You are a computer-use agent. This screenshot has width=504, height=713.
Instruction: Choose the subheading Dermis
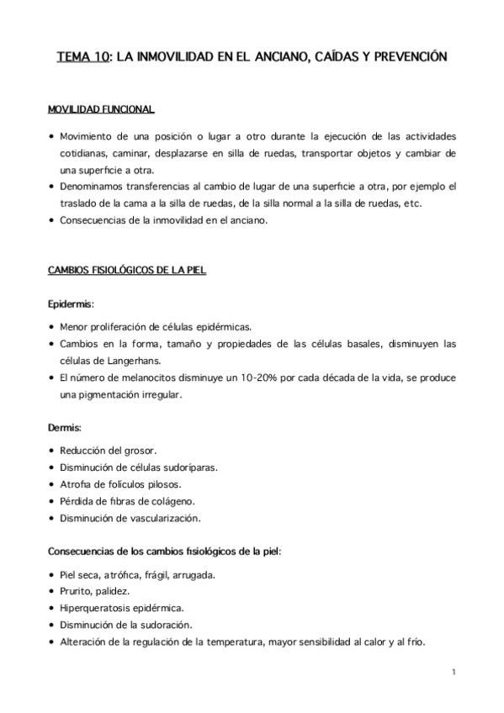(64, 429)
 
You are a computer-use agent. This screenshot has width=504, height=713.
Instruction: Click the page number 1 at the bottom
(454, 673)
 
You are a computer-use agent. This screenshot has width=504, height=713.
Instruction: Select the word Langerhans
(164, 360)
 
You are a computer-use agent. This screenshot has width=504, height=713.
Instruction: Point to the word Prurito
(77, 591)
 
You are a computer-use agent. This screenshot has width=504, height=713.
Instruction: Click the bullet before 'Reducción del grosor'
(52, 452)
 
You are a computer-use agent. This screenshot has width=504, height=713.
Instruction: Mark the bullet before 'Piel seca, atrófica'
(52, 575)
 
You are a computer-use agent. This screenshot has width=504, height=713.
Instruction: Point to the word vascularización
(169, 517)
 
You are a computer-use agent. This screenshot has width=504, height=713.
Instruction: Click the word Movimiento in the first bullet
(90, 135)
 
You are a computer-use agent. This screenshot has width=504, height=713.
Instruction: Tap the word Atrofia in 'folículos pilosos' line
(77, 484)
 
